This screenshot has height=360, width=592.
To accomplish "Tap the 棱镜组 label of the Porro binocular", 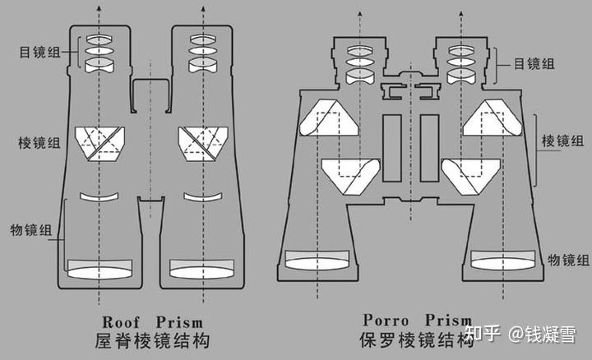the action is tap(562, 141).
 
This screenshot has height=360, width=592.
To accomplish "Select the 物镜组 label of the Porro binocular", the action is tap(567, 260).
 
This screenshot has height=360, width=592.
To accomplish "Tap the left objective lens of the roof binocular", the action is tap(99, 269).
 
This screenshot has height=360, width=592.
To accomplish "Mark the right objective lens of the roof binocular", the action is tap(203, 269).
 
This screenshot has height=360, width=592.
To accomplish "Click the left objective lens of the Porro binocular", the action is tap(317, 260).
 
